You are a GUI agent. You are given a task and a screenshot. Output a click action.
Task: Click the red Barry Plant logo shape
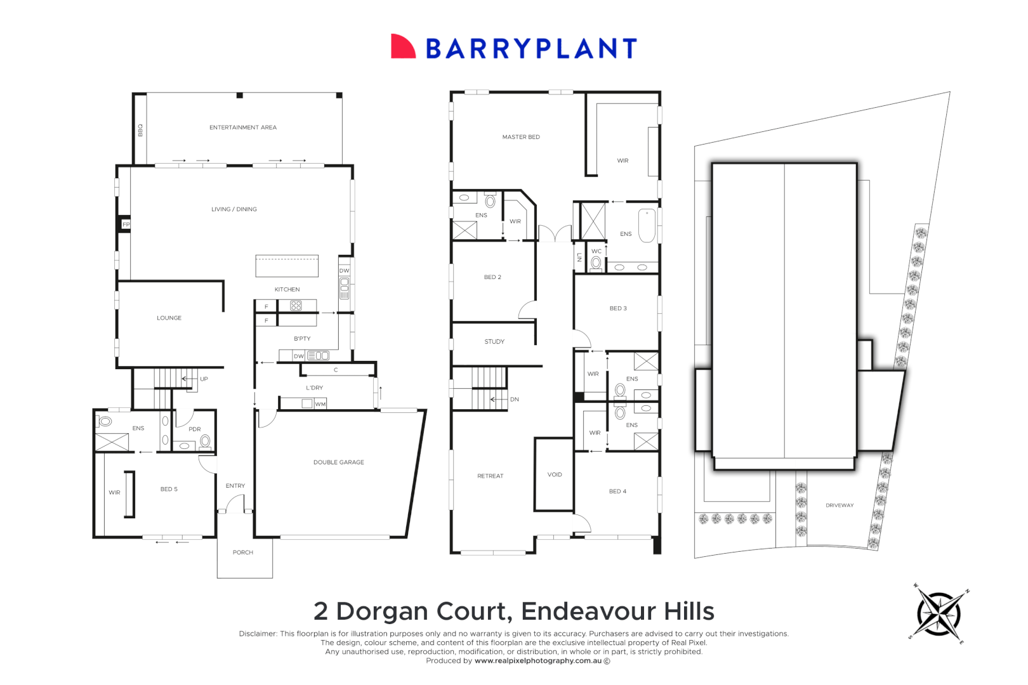click(x=402, y=46)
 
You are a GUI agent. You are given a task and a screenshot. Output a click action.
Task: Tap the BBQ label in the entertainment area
click(x=140, y=130)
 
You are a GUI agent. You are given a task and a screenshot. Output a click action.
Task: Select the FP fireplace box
click(x=125, y=225)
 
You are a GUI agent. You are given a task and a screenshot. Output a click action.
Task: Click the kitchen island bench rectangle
click(x=287, y=266)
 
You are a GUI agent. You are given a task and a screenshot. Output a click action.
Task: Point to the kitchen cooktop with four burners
click(x=296, y=306)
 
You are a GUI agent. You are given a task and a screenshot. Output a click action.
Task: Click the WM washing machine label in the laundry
click(x=320, y=404)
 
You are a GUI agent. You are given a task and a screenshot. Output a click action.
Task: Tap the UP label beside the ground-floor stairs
click(x=204, y=379)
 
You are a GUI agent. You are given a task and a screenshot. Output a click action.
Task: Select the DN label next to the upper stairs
click(x=515, y=399)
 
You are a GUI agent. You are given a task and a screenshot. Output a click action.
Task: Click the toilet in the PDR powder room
click(x=205, y=441)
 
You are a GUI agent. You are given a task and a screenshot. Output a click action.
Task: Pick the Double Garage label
click(x=339, y=462)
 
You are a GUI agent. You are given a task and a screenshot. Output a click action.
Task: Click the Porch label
click(x=243, y=552)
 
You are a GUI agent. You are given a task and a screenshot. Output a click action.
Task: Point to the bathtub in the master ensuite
click(x=647, y=226)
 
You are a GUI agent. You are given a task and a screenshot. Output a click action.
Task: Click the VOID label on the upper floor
click(x=555, y=474)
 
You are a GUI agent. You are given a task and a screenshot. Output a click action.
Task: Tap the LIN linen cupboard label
click(x=579, y=258)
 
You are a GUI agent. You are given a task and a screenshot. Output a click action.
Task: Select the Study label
click(x=494, y=342)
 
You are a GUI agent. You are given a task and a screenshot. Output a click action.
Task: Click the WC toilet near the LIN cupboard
click(x=596, y=263)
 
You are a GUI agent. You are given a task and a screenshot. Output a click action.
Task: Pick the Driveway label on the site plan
click(x=840, y=505)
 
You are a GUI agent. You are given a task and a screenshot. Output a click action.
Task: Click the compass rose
click(x=939, y=614)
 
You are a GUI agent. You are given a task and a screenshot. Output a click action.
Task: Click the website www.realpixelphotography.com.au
click(x=538, y=661)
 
